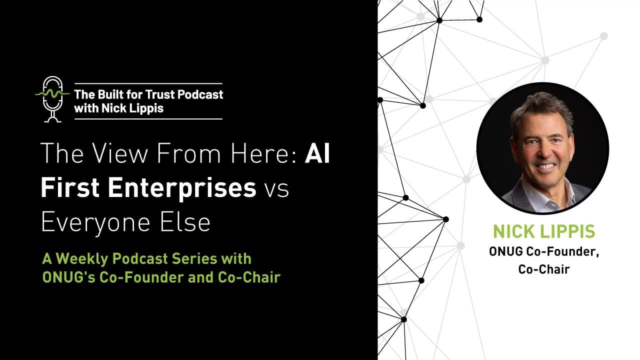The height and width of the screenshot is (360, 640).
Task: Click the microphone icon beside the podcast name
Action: coord(52,98)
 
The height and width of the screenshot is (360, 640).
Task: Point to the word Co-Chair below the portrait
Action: coord(544,269)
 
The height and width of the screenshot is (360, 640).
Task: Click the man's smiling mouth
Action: coord(545,165)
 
